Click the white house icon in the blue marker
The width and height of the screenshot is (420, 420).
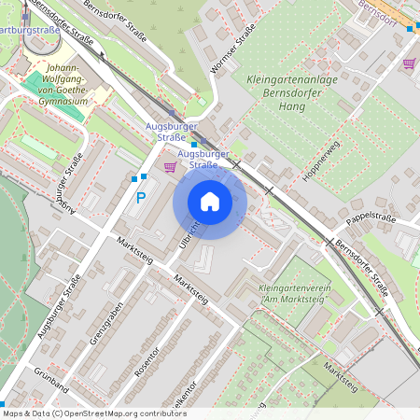pyautogui.click(x=210, y=201)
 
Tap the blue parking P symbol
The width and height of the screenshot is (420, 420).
pyautogui.click(x=141, y=198)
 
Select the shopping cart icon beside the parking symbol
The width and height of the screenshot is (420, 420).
pyautogui.click(x=169, y=167)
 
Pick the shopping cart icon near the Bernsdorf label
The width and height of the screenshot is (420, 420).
pyautogui.click(x=409, y=63)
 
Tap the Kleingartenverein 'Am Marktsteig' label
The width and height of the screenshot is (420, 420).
pyautogui.click(x=292, y=295)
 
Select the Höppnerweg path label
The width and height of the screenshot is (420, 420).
pyautogui.click(x=318, y=161)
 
